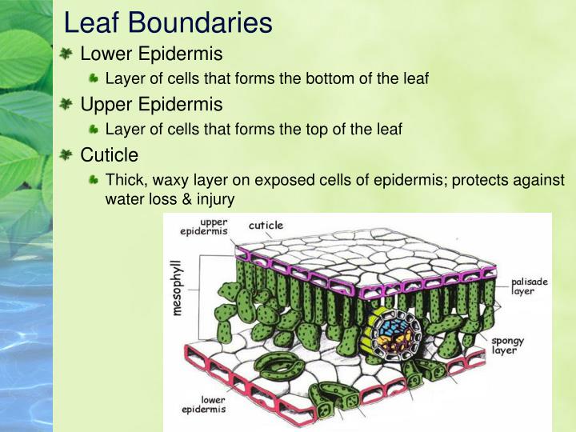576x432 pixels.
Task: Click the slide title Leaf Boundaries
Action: click(x=168, y=22)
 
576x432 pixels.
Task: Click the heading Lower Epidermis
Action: click(x=151, y=54)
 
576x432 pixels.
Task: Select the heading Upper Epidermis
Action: click(x=151, y=104)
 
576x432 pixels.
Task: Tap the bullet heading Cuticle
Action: click(x=110, y=154)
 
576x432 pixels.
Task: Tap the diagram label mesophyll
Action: click(x=178, y=287)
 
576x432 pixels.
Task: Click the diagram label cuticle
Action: click(x=266, y=226)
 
